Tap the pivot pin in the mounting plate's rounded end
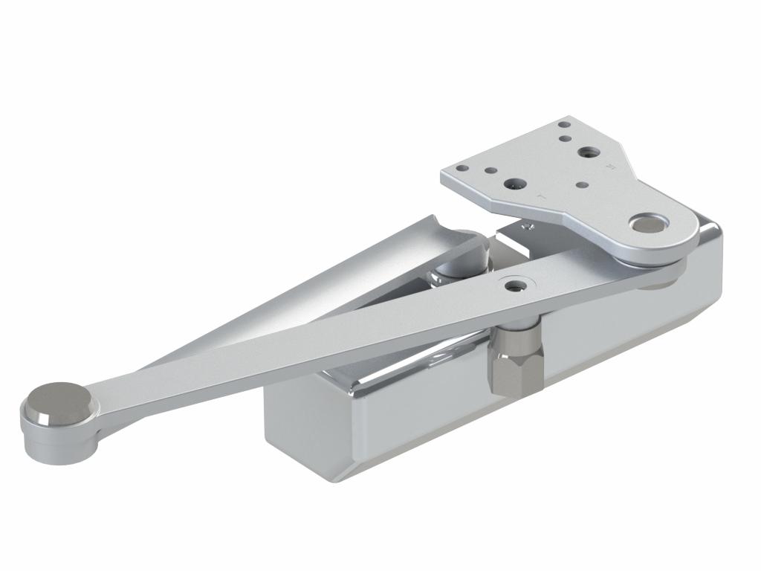point(648,222)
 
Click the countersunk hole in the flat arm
point(514,284)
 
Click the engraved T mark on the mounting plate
point(542,197)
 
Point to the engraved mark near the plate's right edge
point(611,167)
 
